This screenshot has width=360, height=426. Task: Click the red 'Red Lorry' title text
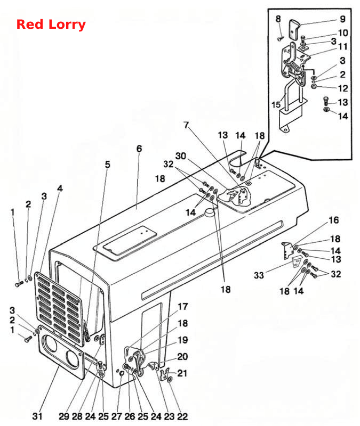(x=51, y=24)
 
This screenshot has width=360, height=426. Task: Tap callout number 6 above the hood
(x=139, y=149)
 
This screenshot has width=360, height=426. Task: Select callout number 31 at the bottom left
(x=37, y=416)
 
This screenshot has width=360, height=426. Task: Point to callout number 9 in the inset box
(x=342, y=19)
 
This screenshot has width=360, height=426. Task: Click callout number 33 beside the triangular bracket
(x=259, y=275)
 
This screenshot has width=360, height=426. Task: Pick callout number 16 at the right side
(x=334, y=220)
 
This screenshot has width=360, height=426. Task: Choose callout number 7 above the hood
(x=186, y=125)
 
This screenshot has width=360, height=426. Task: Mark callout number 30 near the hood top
(x=181, y=156)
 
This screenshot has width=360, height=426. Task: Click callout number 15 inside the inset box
(x=276, y=104)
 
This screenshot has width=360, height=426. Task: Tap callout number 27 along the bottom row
(x=117, y=416)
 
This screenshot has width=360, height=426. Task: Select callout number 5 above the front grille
(x=108, y=165)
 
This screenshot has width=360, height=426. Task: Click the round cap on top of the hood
(x=209, y=212)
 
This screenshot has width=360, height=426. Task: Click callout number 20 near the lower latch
(x=182, y=356)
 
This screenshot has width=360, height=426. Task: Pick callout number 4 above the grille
(x=60, y=189)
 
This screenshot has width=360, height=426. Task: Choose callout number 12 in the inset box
(x=343, y=88)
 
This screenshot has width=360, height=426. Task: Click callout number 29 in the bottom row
(x=64, y=416)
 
